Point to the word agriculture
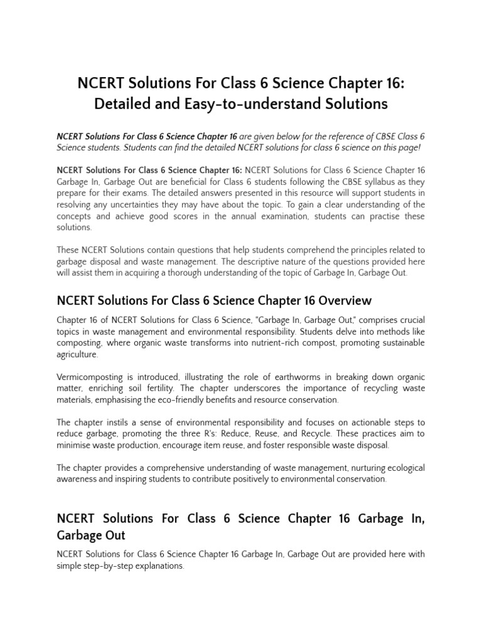[x=77, y=354]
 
